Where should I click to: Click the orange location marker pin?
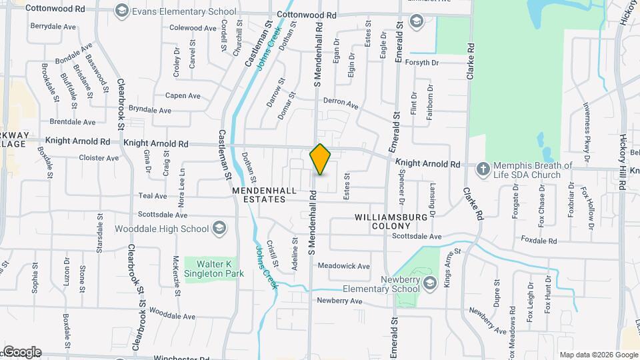point(321,159)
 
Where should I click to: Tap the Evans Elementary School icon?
point(121,11)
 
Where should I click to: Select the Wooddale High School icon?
point(218,229)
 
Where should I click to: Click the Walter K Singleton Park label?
point(209,269)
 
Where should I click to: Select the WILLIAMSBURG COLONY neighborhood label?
point(391,221)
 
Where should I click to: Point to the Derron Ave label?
point(341,104)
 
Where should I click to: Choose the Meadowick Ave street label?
point(343,266)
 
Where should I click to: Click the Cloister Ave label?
point(99,158)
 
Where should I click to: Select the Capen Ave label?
point(183,95)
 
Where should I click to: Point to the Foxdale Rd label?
point(539,240)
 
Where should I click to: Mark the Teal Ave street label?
point(152,196)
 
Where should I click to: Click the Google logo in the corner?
point(21,352)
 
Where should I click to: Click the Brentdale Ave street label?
point(73,122)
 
